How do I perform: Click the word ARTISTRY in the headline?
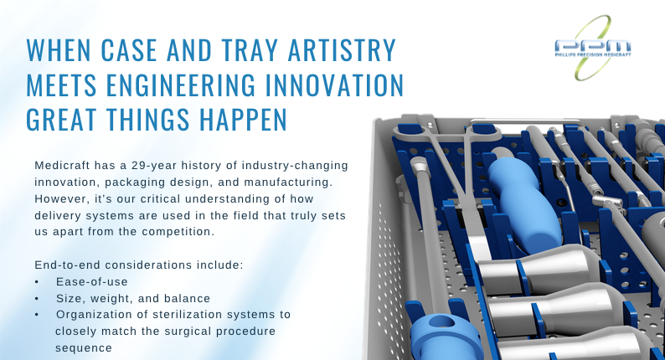tap(342, 50)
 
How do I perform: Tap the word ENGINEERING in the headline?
tap(181, 85)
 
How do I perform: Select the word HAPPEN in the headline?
tap(244, 120)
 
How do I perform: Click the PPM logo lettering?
tap(592, 47)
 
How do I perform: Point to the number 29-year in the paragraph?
tap(155, 166)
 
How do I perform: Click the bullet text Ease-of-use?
tap(92, 281)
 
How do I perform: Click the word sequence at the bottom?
tap(84, 348)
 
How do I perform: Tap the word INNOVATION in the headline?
tap(334, 85)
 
